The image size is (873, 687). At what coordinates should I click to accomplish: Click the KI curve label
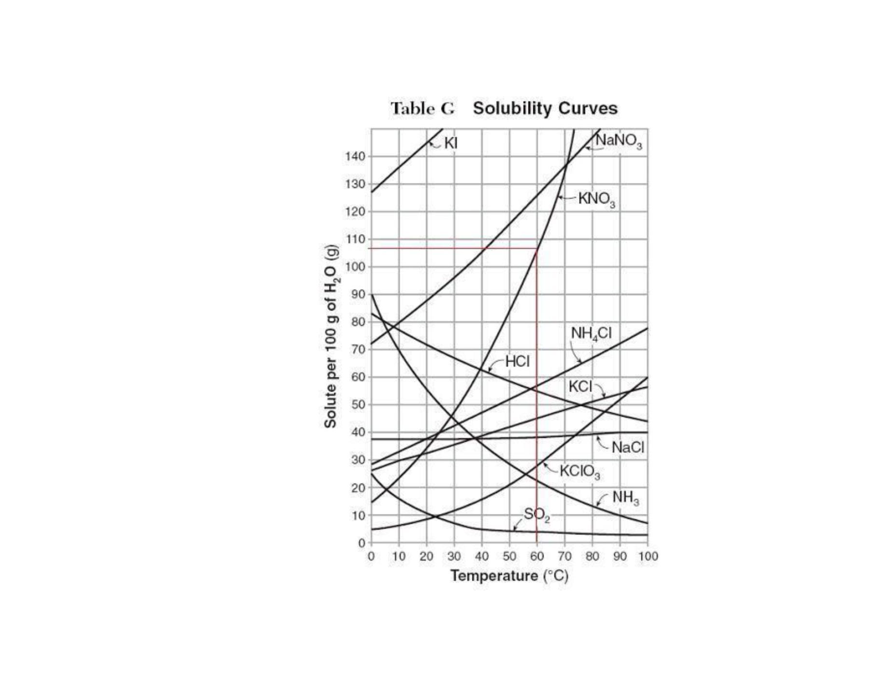(451, 143)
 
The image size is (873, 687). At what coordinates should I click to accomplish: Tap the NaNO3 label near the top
(619, 141)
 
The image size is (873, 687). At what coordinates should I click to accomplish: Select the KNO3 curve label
(597, 199)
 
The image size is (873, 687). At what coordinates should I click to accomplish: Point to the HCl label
(517, 361)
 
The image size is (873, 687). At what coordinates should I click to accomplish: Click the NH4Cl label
(591, 333)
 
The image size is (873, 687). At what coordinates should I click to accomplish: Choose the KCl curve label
(580, 386)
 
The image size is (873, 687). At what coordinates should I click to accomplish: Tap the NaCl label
(628, 447)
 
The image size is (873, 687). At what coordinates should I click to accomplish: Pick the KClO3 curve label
(580, 471)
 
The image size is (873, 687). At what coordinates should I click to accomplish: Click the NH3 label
(626, 497)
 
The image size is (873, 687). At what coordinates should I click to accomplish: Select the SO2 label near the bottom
(537, 515)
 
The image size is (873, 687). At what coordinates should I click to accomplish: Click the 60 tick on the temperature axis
(537, 556)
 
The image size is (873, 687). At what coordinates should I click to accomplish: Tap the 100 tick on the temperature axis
(648, 556)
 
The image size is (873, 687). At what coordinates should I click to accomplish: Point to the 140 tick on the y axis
(355, 156)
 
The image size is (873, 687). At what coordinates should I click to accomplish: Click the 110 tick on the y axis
(355, 239)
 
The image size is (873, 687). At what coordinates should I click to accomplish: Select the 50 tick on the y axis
(358, 405)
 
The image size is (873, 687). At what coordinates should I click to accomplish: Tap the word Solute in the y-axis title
(330, 409)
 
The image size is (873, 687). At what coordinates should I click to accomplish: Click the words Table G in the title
(422, 109)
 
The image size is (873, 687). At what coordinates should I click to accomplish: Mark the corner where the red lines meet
(537, 248)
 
